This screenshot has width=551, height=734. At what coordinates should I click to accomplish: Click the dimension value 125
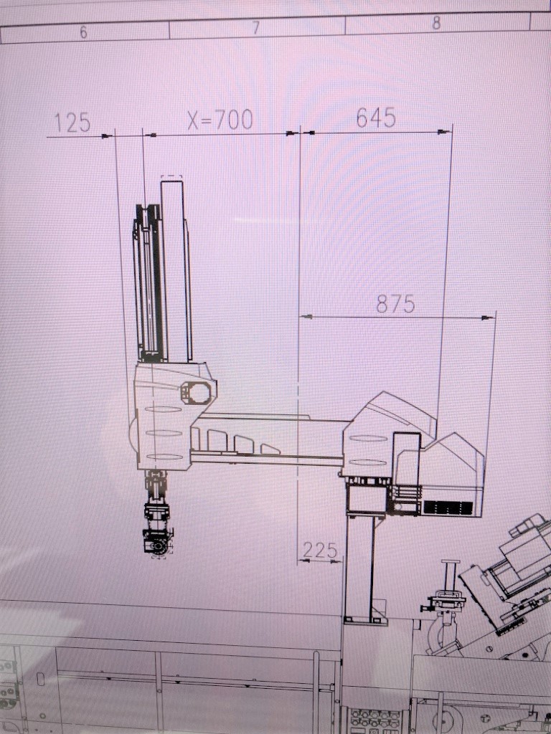point(72,123)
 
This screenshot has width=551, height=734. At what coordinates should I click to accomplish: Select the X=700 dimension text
point(220,120)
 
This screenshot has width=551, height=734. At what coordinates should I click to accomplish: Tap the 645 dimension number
point(376,118)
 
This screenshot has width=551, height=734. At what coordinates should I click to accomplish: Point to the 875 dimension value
point(395,304)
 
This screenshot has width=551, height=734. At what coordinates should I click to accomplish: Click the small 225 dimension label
point(320,550)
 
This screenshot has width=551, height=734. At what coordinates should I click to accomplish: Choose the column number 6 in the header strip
point(83,32)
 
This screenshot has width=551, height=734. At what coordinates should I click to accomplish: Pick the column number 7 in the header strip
point(256,28)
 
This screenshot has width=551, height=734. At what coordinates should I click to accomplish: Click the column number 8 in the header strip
point(436,23)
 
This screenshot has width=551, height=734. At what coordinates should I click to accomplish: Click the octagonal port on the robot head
point(195,392)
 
